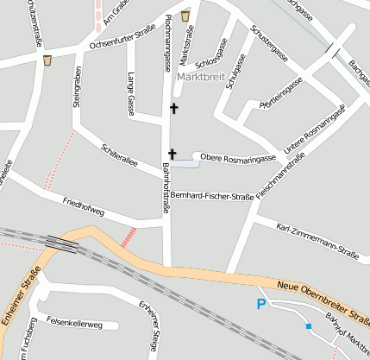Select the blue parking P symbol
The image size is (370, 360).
[x=262, y=303]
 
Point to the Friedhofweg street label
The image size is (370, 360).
[x=84, y=207]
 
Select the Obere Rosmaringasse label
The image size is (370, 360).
[x=237, y=158]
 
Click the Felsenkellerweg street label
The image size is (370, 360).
[x=74, y=325]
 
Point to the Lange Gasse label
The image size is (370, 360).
[x=131, y=93]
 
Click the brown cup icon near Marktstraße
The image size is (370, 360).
[x=185, y=16]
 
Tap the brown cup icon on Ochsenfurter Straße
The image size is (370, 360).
[x=47, y=60]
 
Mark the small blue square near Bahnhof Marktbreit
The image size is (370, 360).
[x=308, y=326]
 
